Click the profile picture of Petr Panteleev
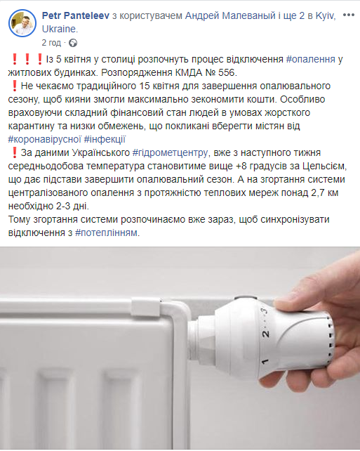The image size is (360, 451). pos(22,23)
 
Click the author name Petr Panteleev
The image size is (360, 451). pos(76,15)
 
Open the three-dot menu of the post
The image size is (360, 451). pos(348,15)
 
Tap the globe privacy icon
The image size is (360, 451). pos(73,43)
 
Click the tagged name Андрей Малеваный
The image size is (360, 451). pos(230,15)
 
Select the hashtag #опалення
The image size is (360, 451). pos(311,59)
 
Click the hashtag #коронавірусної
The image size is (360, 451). pos(44,139)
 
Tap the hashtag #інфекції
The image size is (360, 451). pos(105,139)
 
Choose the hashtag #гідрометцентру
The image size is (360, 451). pos(170,152)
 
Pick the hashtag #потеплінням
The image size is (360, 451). pos(106,233)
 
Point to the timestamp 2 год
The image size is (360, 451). pos(51,43)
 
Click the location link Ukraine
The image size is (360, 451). pos(59,29)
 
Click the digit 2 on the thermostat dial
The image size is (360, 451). pos(266,334)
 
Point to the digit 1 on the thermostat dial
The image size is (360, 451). pos(265,361)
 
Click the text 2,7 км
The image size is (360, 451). pos(325,192)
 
